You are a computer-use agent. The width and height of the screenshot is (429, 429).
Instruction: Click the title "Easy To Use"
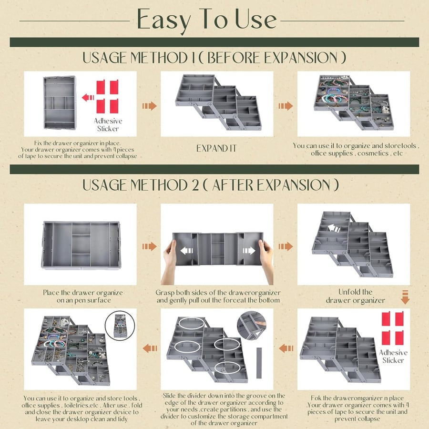[207, 20]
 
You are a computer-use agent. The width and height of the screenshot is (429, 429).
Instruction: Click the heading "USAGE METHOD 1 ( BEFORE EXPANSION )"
[214, 58]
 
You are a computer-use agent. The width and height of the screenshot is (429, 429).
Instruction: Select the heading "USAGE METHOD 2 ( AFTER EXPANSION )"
[211, 185]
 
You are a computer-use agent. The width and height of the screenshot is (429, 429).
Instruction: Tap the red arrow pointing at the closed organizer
[88, 97]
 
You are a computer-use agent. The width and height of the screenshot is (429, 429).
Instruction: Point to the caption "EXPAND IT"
[216, 149]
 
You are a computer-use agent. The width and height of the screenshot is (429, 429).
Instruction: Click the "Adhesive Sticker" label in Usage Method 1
[108, 124]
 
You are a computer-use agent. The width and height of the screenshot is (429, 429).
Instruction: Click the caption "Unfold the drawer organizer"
[355, 296]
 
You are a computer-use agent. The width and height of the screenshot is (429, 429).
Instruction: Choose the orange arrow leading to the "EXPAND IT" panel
[149, 105]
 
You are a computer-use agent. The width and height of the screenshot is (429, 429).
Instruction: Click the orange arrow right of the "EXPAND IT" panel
[286, 105]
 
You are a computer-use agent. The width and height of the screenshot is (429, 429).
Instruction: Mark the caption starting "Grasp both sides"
[218, 296]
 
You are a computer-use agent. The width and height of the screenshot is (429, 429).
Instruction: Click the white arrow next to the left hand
[187, 250]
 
